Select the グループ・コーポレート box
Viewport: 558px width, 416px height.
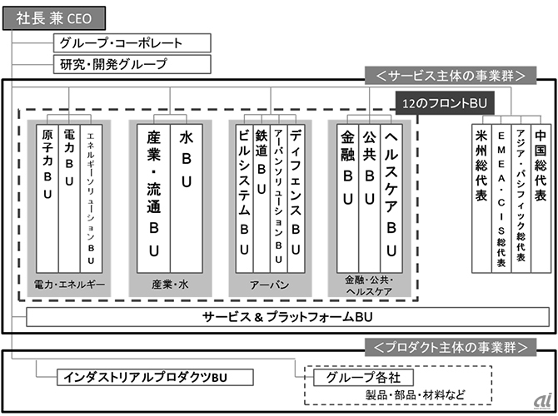click(x=131, y=43)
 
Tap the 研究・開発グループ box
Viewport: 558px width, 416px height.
click(x=131, y=63)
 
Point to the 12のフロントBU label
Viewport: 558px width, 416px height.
click(x=444, y=103)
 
